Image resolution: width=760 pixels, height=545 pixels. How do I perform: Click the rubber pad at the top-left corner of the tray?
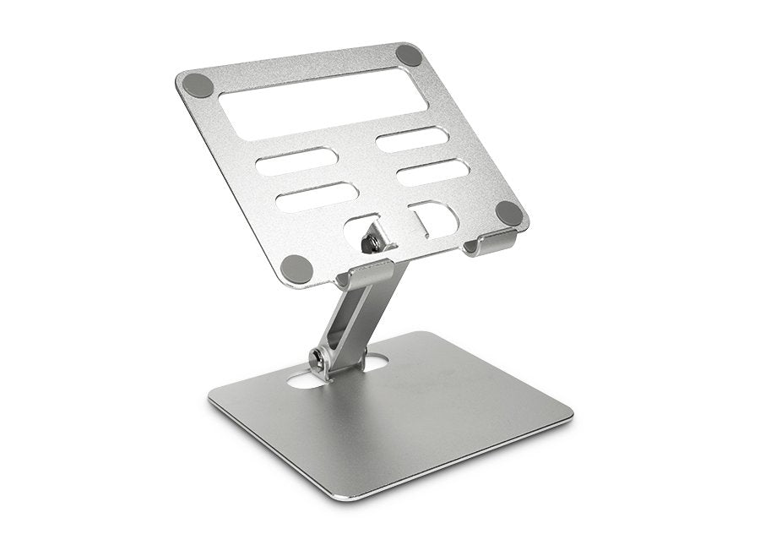coord(198,84)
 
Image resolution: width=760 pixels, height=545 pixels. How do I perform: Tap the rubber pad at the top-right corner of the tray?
coord(410,56)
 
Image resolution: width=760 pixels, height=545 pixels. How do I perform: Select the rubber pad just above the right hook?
coord(509,213)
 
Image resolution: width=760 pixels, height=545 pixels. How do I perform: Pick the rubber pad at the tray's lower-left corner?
coord(296,268)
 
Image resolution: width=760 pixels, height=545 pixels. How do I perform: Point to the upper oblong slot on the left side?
coord(297,161)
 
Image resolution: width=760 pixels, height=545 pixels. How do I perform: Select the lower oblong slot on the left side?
coord(318,196)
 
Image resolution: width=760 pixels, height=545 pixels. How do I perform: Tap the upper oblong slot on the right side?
coord(411,139)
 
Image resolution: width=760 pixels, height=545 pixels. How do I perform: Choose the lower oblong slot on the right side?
coord(432,172)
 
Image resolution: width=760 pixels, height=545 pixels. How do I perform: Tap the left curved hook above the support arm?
coord(363,272)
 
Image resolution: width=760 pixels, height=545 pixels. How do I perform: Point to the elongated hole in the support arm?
coord(349,324)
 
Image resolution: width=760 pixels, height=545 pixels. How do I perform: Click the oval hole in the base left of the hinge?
coord(305,379)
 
